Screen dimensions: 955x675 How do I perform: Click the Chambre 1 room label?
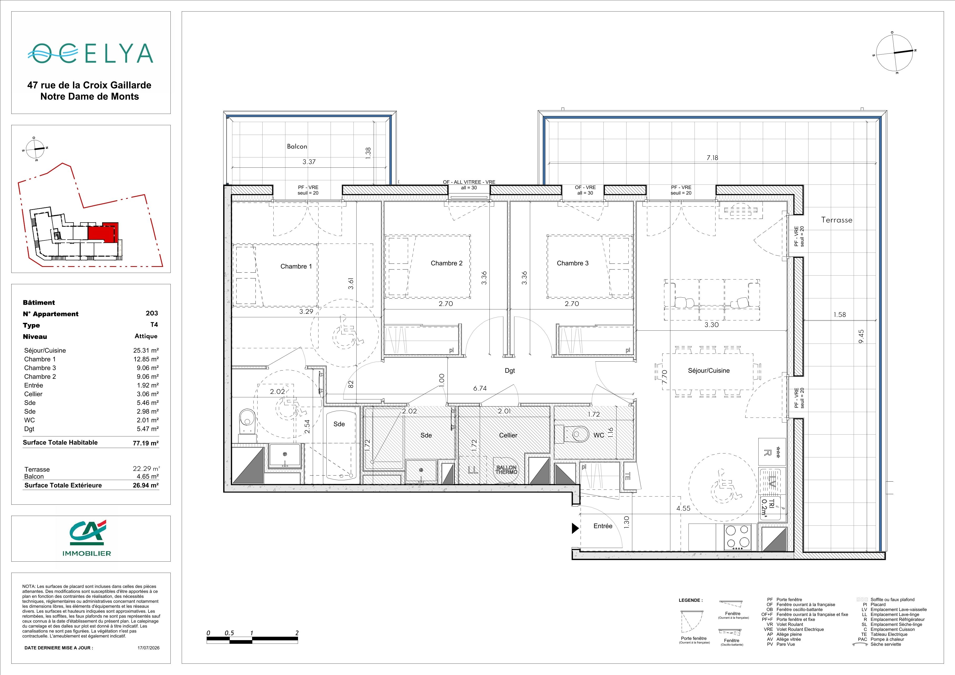point(296,266)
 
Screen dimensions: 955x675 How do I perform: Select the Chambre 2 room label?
point(446,263)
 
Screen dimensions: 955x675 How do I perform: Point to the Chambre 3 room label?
point(572,263)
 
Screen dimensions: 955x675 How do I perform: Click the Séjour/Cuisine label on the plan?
point(708,370)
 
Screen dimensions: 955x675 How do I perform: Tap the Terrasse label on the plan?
point(837,220)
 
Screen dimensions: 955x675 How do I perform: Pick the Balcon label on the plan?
point(297,146)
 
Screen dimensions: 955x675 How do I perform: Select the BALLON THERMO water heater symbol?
point(506,470)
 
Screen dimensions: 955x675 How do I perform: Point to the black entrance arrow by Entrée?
point(575,528)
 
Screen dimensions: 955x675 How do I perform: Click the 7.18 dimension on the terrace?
point(712,157)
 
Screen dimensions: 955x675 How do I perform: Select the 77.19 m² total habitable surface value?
point(145,443)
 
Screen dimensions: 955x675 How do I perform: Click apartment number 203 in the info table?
point(152,313)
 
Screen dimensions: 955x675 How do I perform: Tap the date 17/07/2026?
point(149,647)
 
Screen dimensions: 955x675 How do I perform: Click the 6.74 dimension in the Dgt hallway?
point(479,388)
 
